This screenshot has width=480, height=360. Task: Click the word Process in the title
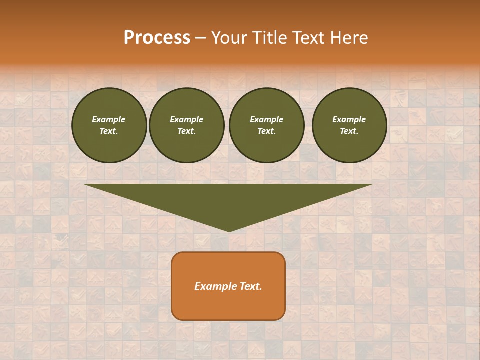157,38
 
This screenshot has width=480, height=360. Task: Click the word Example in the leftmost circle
109,119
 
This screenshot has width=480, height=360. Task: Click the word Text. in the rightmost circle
349,131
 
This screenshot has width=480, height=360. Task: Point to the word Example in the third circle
266,119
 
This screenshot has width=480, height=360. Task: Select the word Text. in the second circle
187,131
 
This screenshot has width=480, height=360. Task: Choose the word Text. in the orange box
251,286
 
